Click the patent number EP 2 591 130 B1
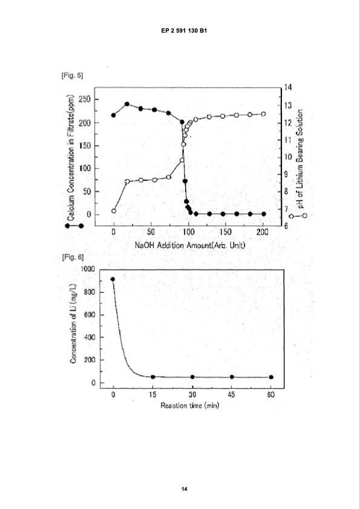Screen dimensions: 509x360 click(x=180, y=30)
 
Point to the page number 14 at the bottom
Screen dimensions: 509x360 click(x=180, y=488)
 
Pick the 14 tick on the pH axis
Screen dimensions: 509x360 click(x=289, y=88)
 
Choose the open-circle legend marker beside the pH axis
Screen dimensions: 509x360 click(x=298, y=215)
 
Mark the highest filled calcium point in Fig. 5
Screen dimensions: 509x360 click(x=127, y=104)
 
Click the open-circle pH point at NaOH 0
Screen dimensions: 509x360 click(x=114, y=211)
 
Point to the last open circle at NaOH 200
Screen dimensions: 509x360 click(x=263, y=114)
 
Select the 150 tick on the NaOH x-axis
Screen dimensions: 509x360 click(x=225, y=232)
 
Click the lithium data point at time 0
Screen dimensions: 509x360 click(x=113, y=279)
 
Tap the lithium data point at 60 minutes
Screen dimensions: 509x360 click(x=271, y=377)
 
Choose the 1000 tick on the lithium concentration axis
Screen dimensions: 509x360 click(x=88, y=268)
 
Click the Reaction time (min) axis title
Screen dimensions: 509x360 click(x=189, y=406)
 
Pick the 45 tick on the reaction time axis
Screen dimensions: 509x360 click(x=232, y=394)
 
